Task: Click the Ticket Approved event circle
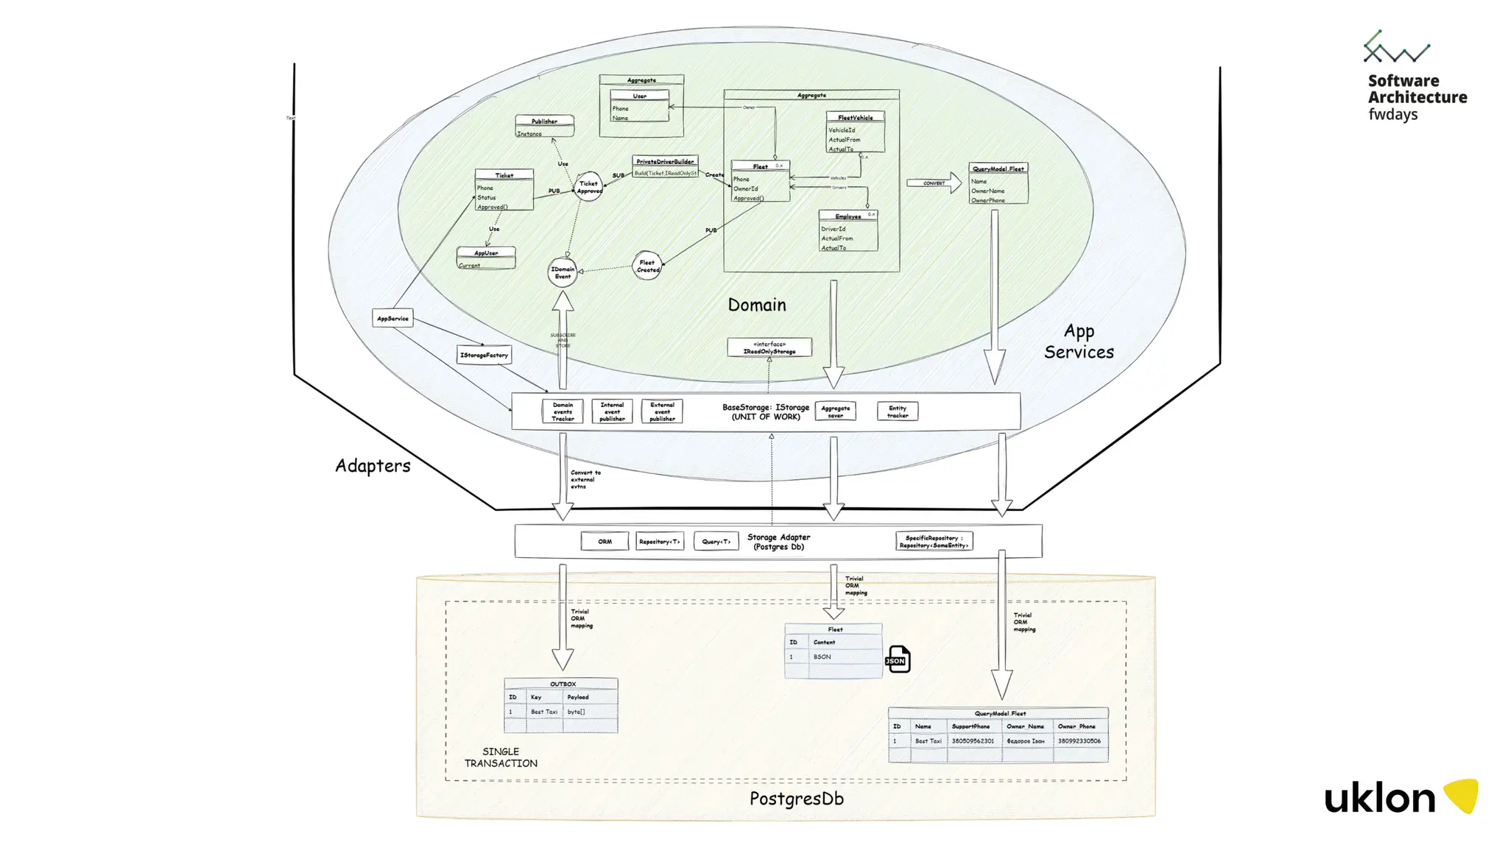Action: click(x=588, y=187)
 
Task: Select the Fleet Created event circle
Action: click(x=647, y=266)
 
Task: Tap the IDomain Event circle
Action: click(x=563, y=272)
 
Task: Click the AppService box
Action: click(x=392, y=319)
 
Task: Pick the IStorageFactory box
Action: click(x=484, y=355)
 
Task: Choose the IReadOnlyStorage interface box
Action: click(x=769, y=347)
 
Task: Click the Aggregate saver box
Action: click(x=835, y=411)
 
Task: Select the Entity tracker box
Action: click(x=898, y=411)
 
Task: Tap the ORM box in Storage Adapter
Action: click(x=605, y=542)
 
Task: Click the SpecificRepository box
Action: click(x=934, y=542)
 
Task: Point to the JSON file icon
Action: click(x=898, y=660)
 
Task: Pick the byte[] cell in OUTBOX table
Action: click(x=577, y=712)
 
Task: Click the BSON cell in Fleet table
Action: click(x=822, y=657)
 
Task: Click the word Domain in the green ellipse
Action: click(x=757, y=305)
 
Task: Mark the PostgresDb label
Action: click(x=796, y=799)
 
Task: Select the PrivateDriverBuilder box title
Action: click(x=665, y=161)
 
